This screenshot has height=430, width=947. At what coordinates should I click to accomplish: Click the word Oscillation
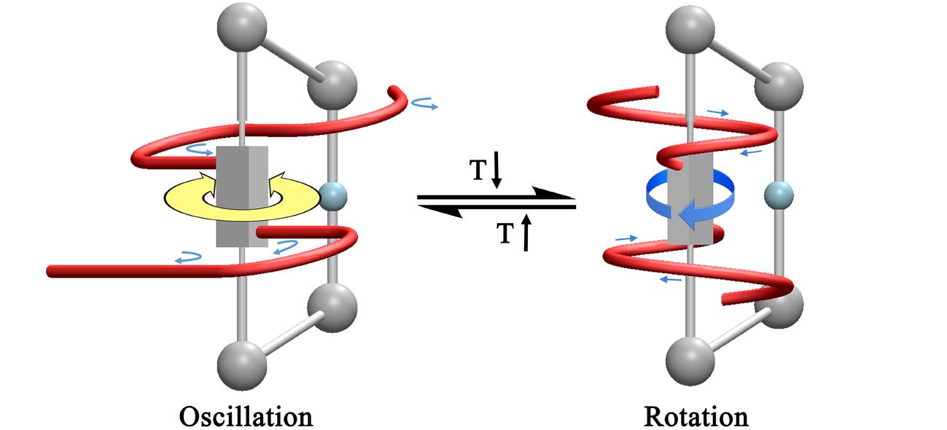pos(246,416)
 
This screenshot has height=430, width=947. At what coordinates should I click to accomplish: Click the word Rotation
pos(696,416)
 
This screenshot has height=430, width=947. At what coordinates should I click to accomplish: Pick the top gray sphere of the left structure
pos(240,24)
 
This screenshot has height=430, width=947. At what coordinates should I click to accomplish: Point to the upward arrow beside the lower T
pos(525,234)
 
